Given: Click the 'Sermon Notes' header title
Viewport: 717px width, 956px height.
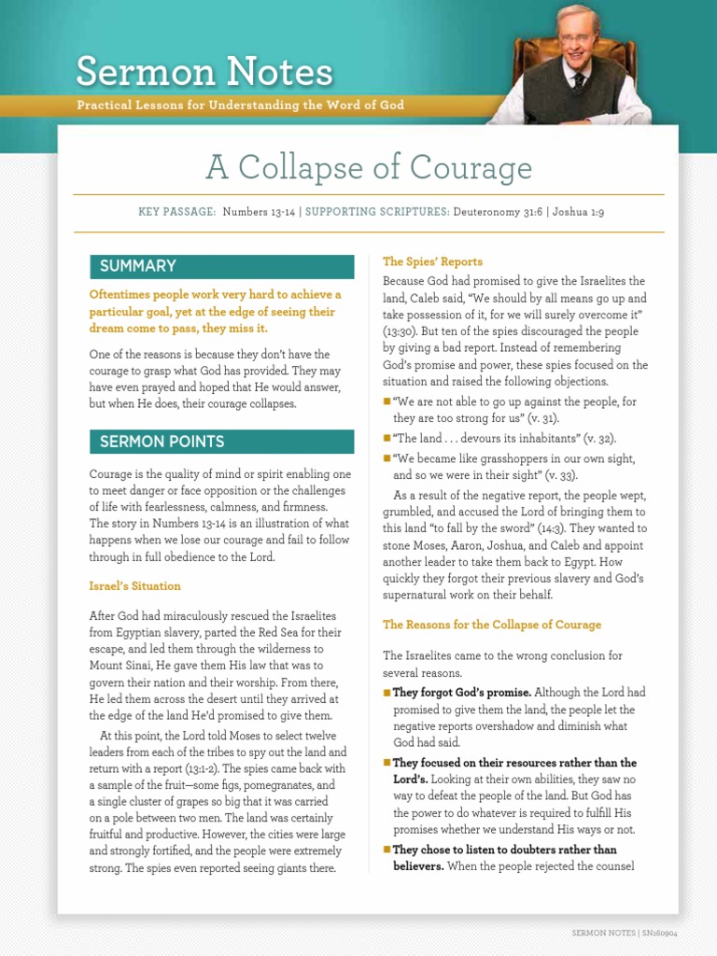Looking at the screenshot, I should [204, 71].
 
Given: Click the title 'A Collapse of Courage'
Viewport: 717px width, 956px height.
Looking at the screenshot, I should [369, 168].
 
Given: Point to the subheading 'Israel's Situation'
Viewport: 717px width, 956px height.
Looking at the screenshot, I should [135, 586].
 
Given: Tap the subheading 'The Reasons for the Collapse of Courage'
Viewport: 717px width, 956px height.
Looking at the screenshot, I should [491, 625].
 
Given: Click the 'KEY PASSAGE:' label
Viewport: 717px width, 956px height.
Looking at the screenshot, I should [177, 213].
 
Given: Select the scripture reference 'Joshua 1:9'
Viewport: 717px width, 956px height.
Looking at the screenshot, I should [578, 213].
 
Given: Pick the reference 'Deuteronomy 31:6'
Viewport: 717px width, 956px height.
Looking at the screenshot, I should [497, 213].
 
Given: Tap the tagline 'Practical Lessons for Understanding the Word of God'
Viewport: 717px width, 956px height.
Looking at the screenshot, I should [241, 105].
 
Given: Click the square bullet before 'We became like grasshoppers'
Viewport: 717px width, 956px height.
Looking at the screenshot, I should [387, 458].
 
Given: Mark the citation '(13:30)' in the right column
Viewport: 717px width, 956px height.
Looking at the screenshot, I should [401, 331].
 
